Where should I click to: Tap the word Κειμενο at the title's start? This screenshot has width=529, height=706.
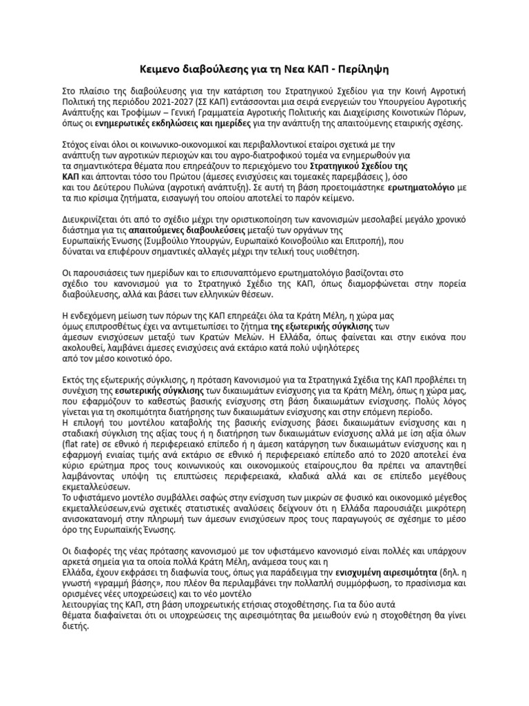click(x=154, y=70)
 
